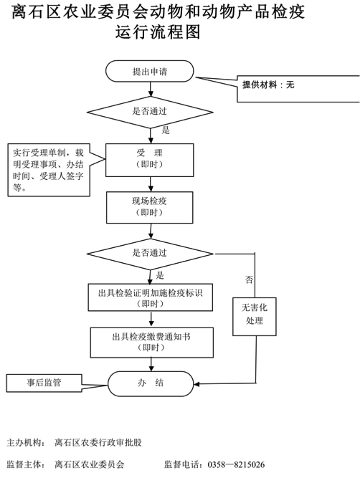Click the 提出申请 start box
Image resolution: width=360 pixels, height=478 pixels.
(149, 71)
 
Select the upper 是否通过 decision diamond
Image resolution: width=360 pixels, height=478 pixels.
(150, 112)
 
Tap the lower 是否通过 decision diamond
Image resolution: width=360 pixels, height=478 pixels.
(150, 254)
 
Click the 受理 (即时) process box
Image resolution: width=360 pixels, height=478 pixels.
(149, 160)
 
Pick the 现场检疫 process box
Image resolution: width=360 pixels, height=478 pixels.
(149, 207)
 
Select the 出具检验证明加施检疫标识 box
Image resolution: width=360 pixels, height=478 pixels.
(151, 297)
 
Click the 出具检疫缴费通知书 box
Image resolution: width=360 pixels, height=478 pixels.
(151, 343)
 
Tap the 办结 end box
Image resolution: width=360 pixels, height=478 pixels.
(151, 383)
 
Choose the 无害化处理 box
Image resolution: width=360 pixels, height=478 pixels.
(255, 317)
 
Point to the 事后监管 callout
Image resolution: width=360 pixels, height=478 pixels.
(44, 383)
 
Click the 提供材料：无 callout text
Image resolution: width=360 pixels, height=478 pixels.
(268, 85)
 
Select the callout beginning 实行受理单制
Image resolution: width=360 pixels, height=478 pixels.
(49, 170)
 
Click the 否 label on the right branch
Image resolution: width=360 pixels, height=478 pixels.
(249, 279)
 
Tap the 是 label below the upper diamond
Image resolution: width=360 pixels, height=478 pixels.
(166, 130)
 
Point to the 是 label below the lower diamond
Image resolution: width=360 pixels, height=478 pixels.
(160, 275)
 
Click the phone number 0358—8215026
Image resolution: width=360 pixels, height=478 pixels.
(236, 464)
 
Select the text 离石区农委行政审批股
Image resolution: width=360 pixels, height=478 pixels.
(98, 442)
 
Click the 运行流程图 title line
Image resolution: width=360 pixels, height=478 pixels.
(158, 32)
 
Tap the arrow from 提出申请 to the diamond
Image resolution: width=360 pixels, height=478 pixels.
(151, 89)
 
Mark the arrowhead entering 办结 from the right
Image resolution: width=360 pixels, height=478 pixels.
(196, 384)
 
